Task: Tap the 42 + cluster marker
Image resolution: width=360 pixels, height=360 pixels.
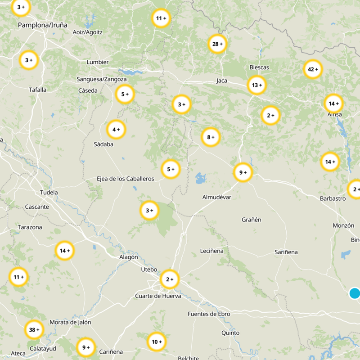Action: [313, 69]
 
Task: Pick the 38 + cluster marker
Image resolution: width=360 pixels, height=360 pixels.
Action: [34, 330]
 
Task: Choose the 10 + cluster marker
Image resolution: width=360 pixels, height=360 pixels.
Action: [157, 342]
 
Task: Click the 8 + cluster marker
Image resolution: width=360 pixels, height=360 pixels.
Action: [211, 137]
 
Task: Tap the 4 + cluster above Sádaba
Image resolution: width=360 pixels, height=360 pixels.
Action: [116, 130]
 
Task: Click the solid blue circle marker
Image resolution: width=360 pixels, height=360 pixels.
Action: [355, 293]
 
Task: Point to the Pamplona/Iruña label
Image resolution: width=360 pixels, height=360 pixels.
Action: [42, 25]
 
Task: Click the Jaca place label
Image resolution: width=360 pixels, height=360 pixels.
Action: [222, 81]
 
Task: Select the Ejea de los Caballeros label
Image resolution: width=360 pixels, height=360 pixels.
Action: [125, 179]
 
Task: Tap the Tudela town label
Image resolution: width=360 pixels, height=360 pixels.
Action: [49, 193]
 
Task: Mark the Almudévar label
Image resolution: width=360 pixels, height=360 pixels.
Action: [217, 197]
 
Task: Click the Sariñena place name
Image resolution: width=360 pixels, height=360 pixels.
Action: [286, 252]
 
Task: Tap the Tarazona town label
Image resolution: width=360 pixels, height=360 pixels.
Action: [30, 227]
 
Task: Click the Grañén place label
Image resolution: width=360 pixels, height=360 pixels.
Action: [252, 220]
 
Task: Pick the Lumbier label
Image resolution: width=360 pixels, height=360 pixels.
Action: [98, 62]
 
